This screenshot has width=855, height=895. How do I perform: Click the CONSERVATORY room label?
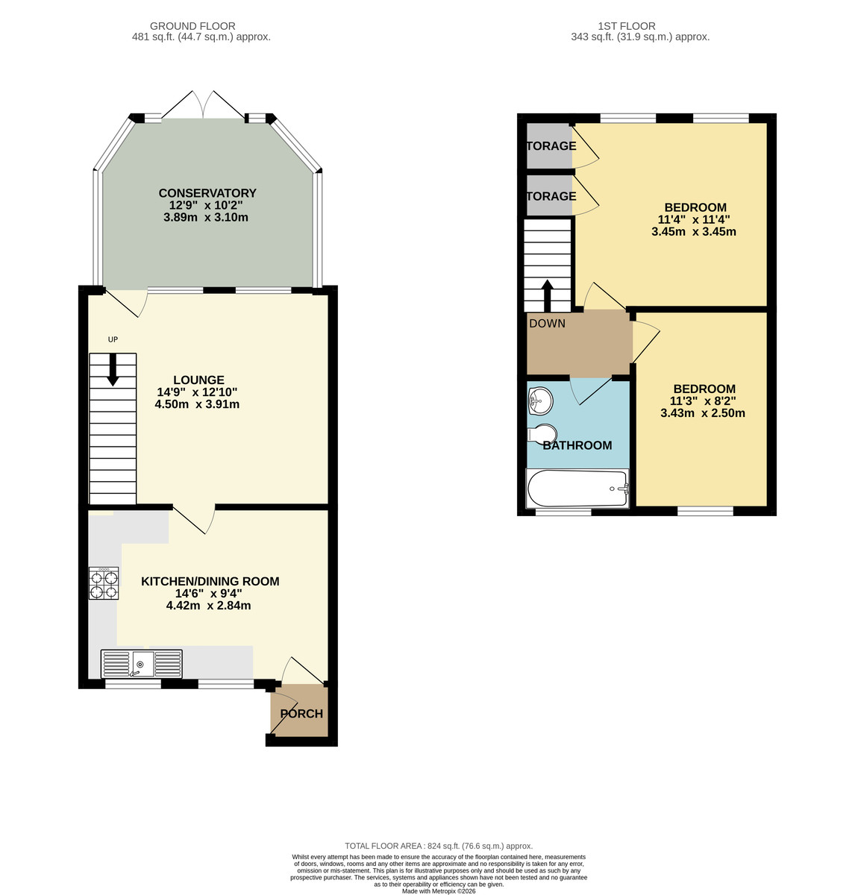[x=207, y=193]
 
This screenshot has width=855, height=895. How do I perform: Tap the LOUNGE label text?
[x=198, y=380]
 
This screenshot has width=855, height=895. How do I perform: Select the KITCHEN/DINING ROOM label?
[x=210, y=581]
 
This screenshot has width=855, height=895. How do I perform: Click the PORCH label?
[x=301, y=714]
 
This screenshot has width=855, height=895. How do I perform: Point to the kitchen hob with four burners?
[x=104, y=583]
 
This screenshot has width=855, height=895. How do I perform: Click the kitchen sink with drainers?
[x=142, y=664]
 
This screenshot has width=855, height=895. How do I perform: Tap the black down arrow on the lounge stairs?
[x=113, y=370]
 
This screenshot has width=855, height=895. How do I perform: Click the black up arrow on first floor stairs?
[x=547, y=295]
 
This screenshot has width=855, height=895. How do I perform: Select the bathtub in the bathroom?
[x=577, y=489]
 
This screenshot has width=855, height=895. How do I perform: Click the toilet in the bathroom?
[x=542, y=434]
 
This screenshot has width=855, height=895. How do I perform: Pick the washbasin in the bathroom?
[x=539, y=401]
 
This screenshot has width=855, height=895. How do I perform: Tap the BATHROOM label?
[x=577, y=445]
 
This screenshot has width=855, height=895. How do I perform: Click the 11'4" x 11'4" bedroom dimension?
[x=693, y=219]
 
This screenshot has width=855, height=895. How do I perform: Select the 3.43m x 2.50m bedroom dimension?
[x=702, y=413]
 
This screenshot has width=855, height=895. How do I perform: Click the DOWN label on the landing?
[x=547, y=324]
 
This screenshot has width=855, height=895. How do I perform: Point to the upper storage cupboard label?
[x=551, y=145]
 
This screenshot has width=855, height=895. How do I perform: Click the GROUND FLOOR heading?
[x=192, y=26]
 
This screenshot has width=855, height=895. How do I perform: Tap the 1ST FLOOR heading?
[x=631, y=26]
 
